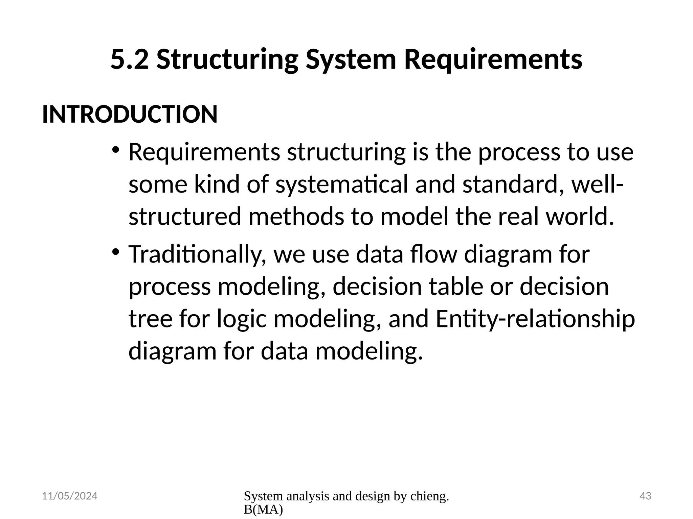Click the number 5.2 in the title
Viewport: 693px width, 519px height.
(x=129, y=59)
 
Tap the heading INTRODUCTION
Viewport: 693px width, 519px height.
(x=130, y=114)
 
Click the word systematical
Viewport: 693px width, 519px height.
(x=342, y=185)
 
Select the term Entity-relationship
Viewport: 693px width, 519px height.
(x=535, y=319)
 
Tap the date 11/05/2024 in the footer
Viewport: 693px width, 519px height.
(x=70, y=496)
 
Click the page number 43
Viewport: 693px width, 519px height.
(x=646, y=496)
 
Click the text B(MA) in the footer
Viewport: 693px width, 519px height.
(x=263, y=510)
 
